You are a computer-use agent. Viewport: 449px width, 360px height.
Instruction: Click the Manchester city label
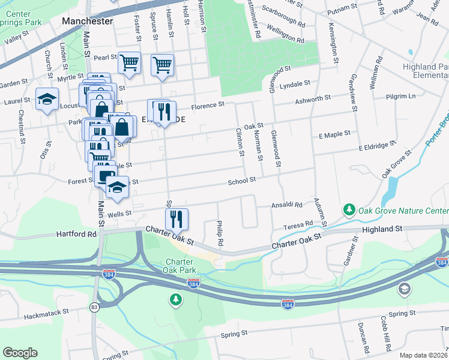87,21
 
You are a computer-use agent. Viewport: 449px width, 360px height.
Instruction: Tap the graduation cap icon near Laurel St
46,99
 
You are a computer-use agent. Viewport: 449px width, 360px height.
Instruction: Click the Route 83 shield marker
94,307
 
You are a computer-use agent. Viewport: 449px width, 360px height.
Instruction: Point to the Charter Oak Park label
179,266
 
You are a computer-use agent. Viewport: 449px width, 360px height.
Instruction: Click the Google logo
20,353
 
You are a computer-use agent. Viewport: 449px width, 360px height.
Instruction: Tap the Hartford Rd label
76,234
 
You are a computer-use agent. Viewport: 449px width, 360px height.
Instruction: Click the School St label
241,180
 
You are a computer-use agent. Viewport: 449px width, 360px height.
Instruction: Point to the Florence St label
208,106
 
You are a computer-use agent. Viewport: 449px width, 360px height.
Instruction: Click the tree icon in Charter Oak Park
175,299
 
